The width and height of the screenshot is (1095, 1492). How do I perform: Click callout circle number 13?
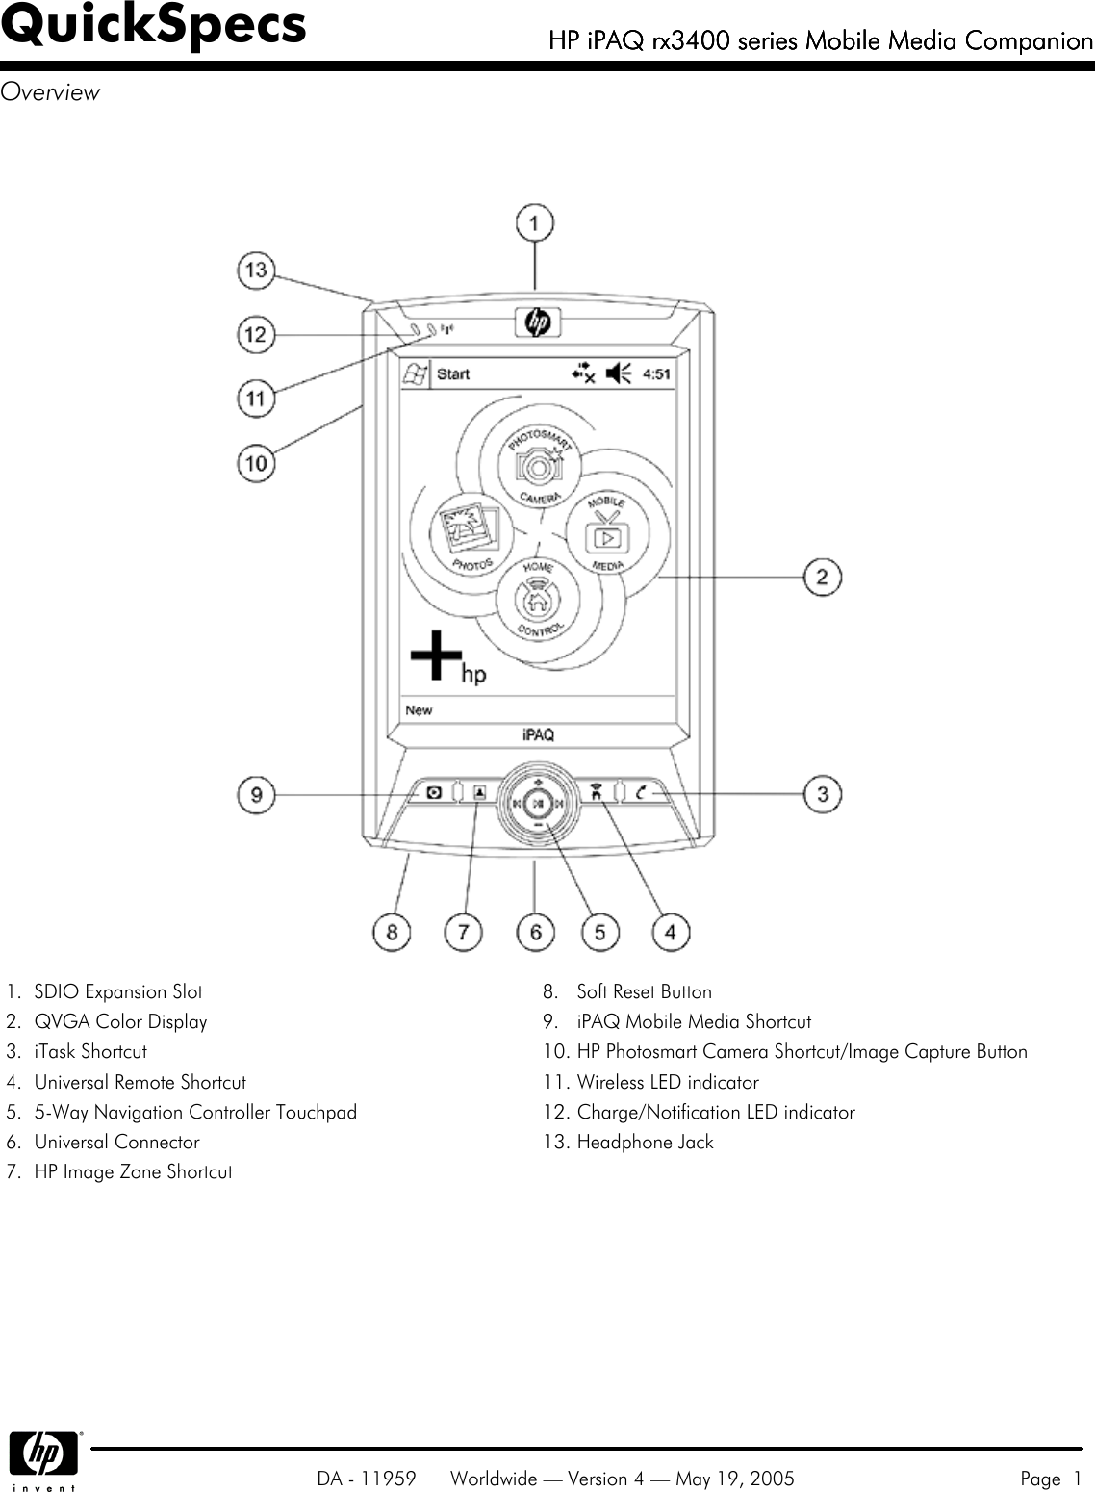[x=256, y=270]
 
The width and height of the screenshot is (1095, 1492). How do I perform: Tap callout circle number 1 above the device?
[x=535, y=223]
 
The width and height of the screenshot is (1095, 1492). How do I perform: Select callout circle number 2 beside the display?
[x=823, y=577]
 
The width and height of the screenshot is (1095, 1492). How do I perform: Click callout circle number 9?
[x=256, y=794]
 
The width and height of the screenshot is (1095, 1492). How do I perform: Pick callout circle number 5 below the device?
[x=599, y=931]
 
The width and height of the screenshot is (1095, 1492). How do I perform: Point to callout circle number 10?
[x=256, y=463]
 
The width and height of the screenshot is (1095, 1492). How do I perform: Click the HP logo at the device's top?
[x=537, y=322]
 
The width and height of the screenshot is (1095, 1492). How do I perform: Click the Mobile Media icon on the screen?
[x=607, y=533]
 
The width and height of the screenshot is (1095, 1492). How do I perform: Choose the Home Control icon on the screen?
[x=538, y=599]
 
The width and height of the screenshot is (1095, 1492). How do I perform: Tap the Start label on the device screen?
[x=453, y=373]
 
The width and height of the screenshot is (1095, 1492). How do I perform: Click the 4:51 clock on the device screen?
[x=656, y=373]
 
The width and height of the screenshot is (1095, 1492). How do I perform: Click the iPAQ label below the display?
[x=538, y=734]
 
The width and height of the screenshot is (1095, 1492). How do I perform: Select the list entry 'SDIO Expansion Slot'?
[x=118, y=991]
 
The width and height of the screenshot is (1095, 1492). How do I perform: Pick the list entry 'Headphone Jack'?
[x=645, y=1142]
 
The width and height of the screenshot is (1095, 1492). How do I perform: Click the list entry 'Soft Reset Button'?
[x=644, y=991]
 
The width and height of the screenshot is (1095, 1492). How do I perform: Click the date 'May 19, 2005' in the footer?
[x=734, y=1479]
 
